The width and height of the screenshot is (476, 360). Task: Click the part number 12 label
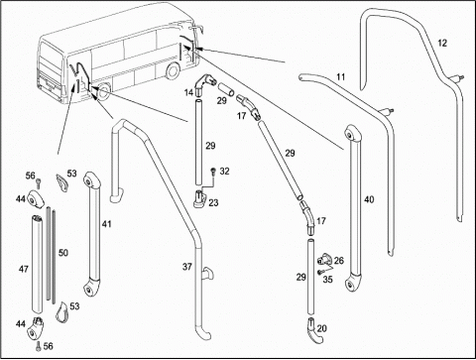[442, 43]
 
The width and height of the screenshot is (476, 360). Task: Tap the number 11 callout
[341, 77]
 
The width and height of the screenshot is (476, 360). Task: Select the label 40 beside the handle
[369, 199]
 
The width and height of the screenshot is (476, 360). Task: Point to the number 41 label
[106, 224]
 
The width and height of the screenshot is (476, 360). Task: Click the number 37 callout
[187, 267]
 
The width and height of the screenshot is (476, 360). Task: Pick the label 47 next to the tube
[24, 269]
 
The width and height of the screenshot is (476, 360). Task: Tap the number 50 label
[63, 253]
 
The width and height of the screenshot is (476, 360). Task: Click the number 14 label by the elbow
[188, 92]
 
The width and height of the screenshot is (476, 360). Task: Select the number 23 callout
[213, 202]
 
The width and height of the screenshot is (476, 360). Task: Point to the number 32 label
[224, 172]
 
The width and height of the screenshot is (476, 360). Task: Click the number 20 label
[321, 328]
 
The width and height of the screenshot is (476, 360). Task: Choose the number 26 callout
[339, 261]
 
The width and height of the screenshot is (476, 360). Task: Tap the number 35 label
[327, 280]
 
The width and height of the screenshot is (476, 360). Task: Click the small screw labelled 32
[213, 172]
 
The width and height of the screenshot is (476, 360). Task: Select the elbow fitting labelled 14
[204, 84]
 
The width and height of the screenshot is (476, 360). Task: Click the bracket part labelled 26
[324, 260]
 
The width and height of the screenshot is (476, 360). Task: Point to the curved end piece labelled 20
[315, 331]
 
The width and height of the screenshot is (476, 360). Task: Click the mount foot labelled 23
[200, 199]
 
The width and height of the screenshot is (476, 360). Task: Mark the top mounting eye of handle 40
[350, 134]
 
